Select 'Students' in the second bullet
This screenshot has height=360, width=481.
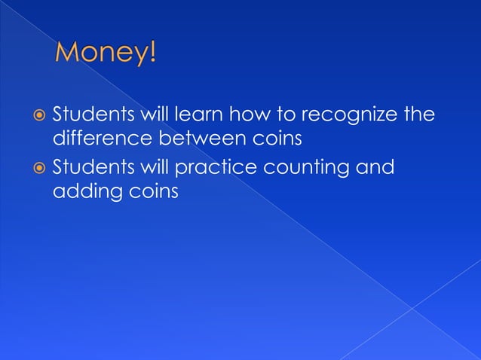pos(87,166)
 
